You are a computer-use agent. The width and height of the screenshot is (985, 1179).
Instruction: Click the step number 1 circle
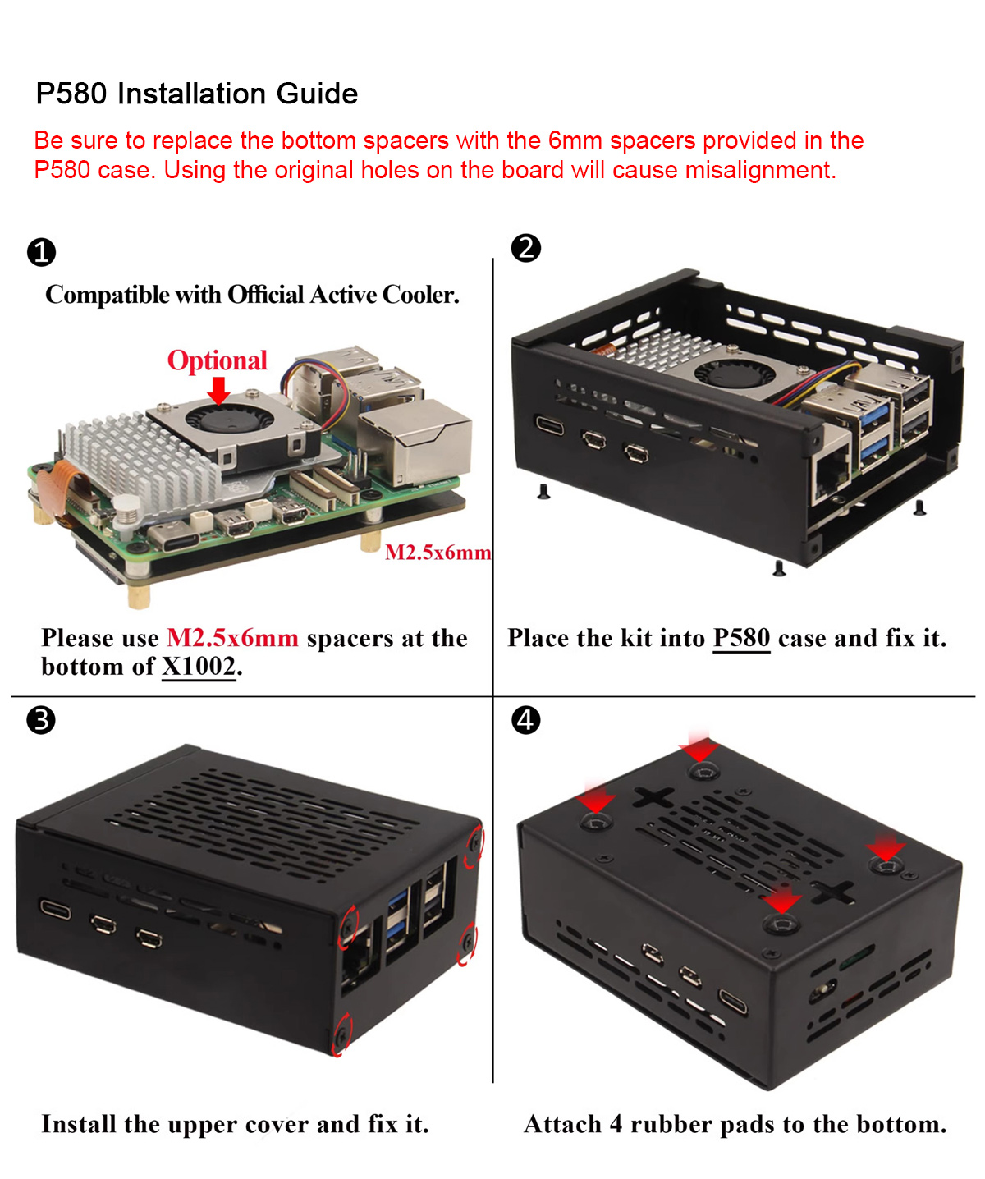(x=41, y=252)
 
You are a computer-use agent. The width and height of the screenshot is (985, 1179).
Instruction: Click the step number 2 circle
(x=525, y=249)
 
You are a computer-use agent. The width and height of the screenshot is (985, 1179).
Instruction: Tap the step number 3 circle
(x=41, y=720)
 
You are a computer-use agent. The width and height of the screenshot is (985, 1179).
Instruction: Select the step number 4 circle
(x=525, y=720)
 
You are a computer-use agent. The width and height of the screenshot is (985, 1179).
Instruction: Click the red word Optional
(x=218, y=360)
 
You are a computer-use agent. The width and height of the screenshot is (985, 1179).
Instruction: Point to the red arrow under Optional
(x=218, y=391)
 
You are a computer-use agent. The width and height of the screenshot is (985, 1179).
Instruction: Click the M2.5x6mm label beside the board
(x=438, y=553)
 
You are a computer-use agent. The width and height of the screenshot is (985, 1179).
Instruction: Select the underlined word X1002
(x=199, y=667)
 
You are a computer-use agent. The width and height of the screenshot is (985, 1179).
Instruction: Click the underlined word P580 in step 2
(x=741, y=638)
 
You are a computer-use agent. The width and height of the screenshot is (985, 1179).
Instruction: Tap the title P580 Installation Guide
(x=196, y=93)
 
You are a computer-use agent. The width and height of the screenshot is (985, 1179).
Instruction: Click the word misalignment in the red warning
(x=760, y=170)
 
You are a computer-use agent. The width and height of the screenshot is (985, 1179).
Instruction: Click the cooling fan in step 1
(x=230, y=419)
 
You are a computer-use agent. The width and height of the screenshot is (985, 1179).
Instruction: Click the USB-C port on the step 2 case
(x=549, y=424)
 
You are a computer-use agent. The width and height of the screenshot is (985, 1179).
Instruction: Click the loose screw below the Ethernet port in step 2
(x=779, y=568)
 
